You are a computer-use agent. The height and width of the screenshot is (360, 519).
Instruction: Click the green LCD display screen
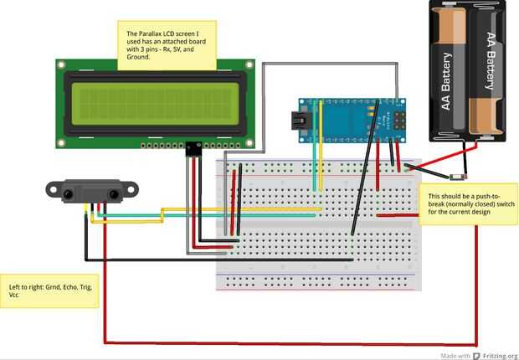(x=155, y=102)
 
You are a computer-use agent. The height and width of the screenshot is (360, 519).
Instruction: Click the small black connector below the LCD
(x=194, y=150)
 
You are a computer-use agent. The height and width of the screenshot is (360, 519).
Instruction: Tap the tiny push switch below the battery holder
(x=456, y=177)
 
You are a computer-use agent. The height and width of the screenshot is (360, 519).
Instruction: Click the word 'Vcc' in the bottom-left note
(x=14, y=296)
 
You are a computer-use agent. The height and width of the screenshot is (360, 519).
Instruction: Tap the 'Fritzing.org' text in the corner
(x=500, y=354)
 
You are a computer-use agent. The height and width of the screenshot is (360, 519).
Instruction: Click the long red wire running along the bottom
(x=285, y=343)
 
